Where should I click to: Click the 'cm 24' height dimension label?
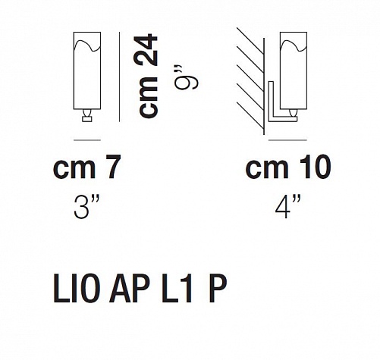pos(149,77)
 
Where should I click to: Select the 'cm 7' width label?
pos(86,167)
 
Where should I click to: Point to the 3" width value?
pos(86,207)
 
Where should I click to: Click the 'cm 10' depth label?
pos(288,167)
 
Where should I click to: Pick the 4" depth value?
pos(288,207)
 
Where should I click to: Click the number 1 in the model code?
pos(186,289)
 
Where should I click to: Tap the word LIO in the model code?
pos(75,289)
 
